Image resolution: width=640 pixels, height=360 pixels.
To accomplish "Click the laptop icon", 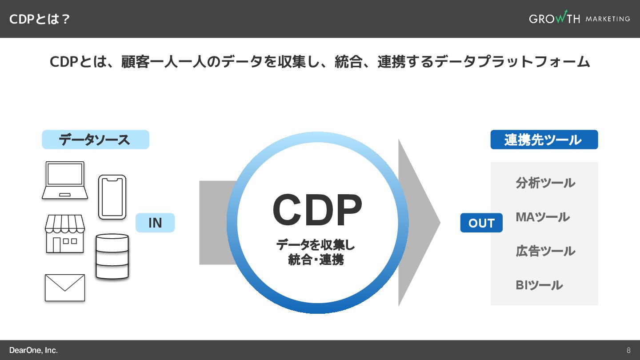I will [x=65, y=180].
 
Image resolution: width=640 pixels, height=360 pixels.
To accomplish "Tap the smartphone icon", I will [x=112, y=197].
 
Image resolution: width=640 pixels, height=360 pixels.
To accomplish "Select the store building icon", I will [x=65, y=234].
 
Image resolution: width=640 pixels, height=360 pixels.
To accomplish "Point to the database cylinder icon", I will [x=112, y=256].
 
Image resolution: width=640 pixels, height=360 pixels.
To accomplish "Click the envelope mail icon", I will [x=65, y=288].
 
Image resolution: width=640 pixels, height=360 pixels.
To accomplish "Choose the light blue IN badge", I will [x=155, y=223].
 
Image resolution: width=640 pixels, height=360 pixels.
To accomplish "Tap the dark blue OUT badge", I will [x=481, y=223].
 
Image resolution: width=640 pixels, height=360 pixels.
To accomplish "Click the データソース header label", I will [x=95, y=140].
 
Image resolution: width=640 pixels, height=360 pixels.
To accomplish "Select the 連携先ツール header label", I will [x=544, y=140].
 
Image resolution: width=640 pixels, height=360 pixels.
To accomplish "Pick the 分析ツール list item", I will [x=545, y=183].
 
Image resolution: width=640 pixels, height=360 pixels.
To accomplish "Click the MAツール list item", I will [x=542, y=217].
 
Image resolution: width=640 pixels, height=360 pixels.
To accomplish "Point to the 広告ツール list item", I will [x=545, y=251].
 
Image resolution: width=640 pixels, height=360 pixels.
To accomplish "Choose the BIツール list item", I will [x=539, y=285].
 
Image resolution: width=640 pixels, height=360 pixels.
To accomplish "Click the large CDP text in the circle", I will [x=317, y=211].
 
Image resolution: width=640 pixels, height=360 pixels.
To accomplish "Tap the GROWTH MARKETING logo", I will [x=579, y=19].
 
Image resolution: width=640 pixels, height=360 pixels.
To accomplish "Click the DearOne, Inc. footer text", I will [x=33, y=350].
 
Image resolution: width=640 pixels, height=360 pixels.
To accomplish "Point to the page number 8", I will [x=628, y=350].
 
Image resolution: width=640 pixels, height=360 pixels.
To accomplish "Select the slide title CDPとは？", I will [x=40, y=19].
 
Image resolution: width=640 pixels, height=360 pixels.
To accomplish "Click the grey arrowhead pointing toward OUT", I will [x=418, y=222].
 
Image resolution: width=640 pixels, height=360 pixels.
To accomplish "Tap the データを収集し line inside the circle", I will [x=316, y=244].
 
